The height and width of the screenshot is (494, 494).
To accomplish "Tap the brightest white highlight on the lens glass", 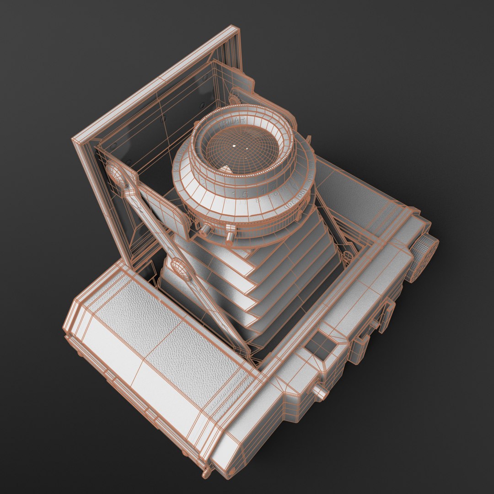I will (234, 145).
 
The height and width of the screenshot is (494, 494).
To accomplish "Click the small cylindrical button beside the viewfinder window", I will (320, 392).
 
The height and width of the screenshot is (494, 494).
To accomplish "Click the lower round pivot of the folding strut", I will (180, 269).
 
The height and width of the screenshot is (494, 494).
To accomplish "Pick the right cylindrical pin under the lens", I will (230, 234).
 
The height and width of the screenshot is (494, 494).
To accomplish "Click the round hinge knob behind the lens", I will (234, 98).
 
